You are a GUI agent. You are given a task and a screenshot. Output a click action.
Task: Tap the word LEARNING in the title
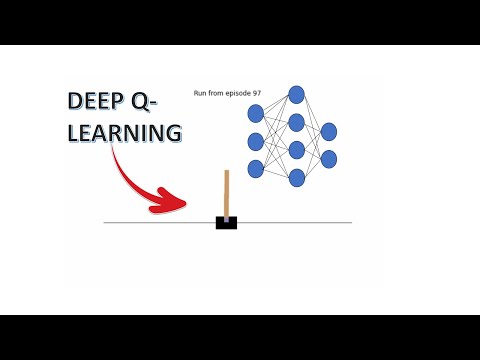click(125, 132)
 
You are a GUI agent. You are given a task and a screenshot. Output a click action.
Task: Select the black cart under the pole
click(226, 222)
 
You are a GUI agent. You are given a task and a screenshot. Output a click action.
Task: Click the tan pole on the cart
click(227, 194)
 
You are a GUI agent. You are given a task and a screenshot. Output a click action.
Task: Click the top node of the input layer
click(256, 114)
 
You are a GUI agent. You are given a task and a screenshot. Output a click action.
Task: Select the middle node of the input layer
click(256, 141)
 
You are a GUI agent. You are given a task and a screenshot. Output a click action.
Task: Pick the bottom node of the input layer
click(256, 168)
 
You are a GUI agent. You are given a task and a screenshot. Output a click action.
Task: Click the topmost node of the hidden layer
click(296, 95)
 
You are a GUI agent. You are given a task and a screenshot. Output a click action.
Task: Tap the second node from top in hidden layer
click(296, 122)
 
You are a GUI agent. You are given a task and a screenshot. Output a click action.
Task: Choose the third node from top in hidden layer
click(296, 150)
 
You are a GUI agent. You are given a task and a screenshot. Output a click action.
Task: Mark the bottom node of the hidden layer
click(296, 177)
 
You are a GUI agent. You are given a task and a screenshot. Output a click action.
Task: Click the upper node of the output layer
click(329, 132)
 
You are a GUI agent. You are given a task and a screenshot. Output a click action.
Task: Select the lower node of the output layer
click(329, 159)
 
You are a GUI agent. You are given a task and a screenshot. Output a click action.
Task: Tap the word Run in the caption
click(200, 93)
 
